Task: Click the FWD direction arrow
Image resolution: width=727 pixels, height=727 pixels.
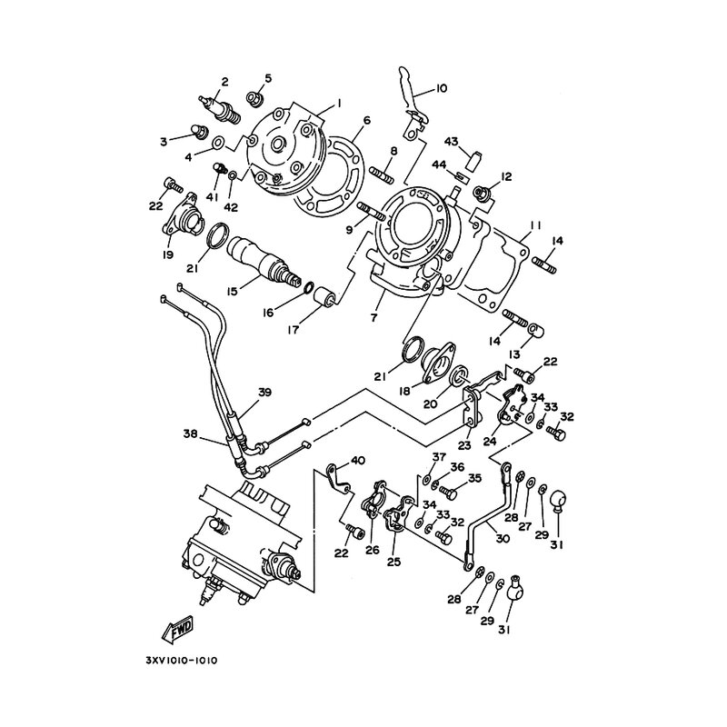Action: coord(177,630)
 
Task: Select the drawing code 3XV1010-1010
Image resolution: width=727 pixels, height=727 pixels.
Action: coord(181,661)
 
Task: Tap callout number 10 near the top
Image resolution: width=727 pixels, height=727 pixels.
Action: coord(441,88)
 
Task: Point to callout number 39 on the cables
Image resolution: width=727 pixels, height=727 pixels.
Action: coord(265,393)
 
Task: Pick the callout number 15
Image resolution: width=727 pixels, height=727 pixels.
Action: coord(233,291)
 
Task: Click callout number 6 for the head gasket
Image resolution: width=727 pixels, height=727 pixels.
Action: coord(367,121)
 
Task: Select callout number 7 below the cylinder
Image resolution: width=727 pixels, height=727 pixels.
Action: coord(373,317)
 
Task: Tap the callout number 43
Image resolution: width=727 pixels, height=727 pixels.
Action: coord(451,142)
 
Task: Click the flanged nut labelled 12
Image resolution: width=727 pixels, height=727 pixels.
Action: coord(482,193)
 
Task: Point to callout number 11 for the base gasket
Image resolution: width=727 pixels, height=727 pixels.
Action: coord(535,225)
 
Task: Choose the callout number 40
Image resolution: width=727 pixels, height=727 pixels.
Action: coord(357,461)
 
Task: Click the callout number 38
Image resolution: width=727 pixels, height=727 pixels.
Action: coord(191,434)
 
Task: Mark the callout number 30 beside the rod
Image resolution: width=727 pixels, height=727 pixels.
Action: coord(503,538)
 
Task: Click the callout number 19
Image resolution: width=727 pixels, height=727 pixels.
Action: coord(168,254)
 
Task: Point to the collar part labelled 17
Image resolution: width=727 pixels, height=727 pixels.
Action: coord(324,297)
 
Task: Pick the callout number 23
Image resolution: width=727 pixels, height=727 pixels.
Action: coord(464,445)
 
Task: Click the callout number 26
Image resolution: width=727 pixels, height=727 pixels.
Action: coord(373,550)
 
